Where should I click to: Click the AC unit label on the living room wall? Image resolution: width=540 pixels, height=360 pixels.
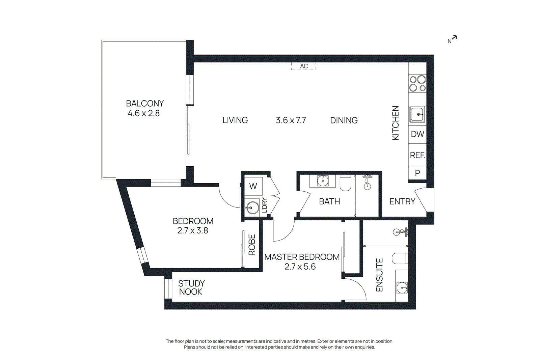(304, 66)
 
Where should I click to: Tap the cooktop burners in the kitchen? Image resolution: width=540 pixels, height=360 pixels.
(417, 84)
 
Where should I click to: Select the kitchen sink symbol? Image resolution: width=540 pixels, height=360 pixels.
(417, 114)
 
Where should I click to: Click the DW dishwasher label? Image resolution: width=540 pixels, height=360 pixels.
(417, 134)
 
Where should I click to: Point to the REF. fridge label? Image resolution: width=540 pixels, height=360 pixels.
(417, 155)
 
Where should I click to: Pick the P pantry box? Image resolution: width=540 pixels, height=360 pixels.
(417, 173)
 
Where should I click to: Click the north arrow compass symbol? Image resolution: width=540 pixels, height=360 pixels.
(452, 39)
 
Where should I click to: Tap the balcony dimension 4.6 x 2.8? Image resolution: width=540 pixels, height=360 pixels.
(144, 113)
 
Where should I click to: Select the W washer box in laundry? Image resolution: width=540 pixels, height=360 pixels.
(253, 186)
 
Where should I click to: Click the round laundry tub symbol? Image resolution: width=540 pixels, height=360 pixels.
(252, 207)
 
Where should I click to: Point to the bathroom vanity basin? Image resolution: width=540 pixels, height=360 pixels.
(323, 181)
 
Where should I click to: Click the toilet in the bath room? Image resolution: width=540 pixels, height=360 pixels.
(345, 183)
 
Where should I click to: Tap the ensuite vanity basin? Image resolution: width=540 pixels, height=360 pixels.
(402, 288)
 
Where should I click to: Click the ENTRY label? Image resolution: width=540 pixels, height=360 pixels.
(402, 201)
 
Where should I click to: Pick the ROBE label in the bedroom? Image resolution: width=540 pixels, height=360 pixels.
(252, 245)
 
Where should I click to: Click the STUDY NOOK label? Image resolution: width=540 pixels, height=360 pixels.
(191, 288)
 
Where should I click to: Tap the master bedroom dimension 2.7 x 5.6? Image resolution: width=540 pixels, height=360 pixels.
(300, 267)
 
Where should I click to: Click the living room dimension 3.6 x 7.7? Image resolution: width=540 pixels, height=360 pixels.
(291, 120)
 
